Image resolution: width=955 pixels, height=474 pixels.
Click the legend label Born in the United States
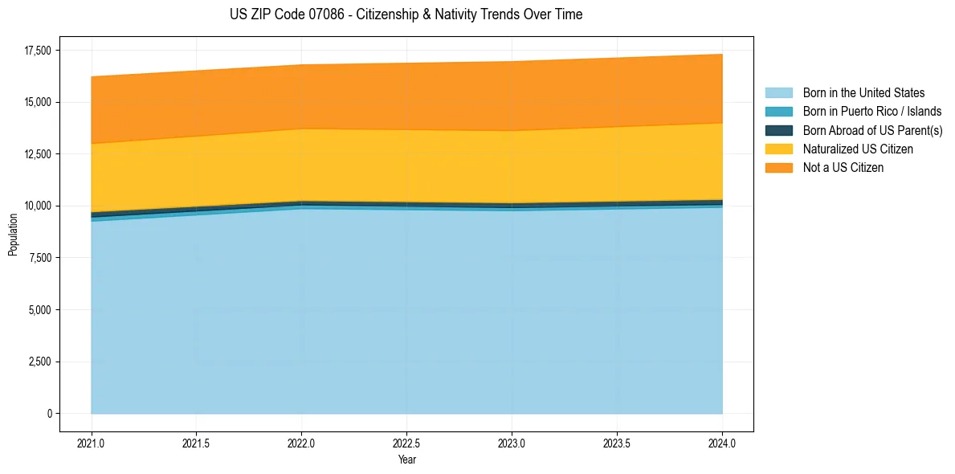click(863, 93)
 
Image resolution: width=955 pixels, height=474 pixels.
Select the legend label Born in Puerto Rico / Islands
click(871, 112)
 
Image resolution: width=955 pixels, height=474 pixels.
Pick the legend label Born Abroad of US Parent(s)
click(872, 130)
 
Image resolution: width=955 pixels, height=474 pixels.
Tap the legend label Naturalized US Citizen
click(858, 149)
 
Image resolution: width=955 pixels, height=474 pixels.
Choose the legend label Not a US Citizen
click(843, 168)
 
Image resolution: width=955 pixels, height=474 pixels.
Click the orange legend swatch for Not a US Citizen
click(778, 168)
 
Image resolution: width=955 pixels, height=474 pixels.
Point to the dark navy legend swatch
click(778, 130)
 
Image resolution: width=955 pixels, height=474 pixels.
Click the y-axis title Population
click(13, 234)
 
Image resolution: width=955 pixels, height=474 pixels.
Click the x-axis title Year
click(406, 460)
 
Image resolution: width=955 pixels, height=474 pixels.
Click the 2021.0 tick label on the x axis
click(91, 443)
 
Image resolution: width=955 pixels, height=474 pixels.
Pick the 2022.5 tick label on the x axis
click(406, 443)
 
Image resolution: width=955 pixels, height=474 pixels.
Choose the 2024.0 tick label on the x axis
click(722, 443)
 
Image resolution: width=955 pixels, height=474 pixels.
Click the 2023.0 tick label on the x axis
click(512, 443)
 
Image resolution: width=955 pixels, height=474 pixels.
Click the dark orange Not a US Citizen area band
click(406, 96)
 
